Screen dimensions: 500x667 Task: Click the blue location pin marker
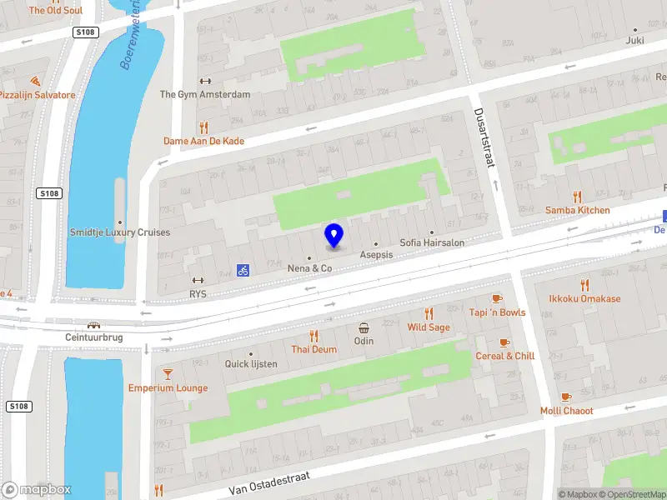point(333,235)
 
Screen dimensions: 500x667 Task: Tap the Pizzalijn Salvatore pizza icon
point(34,82)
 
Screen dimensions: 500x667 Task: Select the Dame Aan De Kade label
point(203,141)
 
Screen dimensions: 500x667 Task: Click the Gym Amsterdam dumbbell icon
point(205,82)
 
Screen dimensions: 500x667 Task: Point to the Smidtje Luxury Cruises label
point(120,232)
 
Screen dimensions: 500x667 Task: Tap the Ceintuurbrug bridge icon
point(94,325)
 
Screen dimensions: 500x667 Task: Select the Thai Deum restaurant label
point(313,349)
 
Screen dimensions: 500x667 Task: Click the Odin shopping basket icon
point(364,327)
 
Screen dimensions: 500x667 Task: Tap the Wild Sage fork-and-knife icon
point(429,314)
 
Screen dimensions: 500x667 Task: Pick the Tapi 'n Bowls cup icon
point(497,298)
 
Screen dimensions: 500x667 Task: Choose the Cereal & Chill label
point(504,356)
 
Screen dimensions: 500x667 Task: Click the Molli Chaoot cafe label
point(566,411)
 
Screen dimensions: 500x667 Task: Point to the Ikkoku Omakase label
point(584,298)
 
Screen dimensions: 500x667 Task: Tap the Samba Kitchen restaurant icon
point(578,197)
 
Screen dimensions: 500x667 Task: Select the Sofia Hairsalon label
point(432,242)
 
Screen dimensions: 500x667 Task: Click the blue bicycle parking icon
point(243,270)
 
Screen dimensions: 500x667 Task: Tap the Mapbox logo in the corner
point(37,490)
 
